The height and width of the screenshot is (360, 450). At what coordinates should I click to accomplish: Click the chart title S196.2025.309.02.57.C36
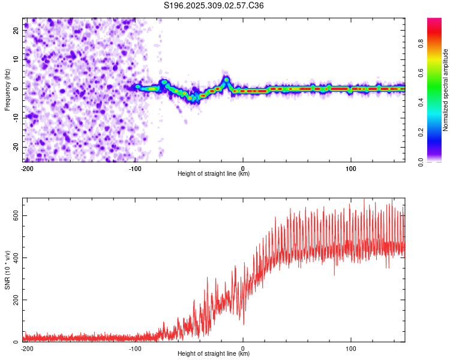click(214, 5)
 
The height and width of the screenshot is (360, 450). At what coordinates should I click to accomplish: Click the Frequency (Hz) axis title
click(7, 90)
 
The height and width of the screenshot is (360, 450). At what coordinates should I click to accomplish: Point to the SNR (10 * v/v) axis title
click(7, 270)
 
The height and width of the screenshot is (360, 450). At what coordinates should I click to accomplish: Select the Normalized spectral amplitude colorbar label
click(445, 90)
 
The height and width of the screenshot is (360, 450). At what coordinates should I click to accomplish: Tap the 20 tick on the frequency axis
click(16, 30)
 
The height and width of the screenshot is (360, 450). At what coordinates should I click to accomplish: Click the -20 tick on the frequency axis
click(16, 147)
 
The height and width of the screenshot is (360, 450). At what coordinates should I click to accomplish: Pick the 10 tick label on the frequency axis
click(16, 59)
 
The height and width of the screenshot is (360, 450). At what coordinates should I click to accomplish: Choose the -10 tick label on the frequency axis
click(16, 118)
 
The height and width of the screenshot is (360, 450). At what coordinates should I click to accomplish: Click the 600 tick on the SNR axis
click(16, 215)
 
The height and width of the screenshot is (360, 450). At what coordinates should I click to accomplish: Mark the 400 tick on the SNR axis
click(16, 257)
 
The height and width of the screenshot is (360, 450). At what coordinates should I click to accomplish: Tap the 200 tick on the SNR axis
click(16, 300)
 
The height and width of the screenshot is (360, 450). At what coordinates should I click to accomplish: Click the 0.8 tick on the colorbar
click(421, 44)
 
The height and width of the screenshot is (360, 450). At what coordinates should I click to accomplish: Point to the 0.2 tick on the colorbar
click(421, 133)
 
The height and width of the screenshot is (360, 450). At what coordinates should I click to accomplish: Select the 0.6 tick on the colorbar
click(421, 73)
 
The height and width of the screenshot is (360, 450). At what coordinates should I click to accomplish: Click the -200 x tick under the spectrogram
click(27, 169)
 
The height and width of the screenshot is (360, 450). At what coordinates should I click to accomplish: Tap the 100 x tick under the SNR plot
click(351, 349)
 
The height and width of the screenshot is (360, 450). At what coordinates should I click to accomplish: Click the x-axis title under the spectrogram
click(214, 173)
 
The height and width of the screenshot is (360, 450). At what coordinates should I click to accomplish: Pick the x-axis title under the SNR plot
click(214, 353)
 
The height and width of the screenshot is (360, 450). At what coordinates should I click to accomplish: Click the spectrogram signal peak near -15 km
click(226, 80)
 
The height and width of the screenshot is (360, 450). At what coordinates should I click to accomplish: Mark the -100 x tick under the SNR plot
click(135, 349)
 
